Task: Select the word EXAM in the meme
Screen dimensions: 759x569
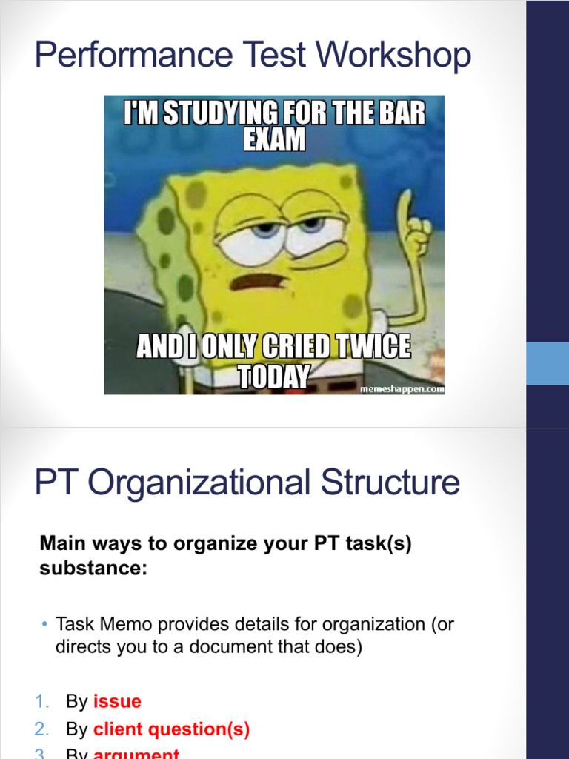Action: click(x=275, y=140)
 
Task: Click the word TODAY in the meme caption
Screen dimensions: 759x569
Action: click(x=273, y=377)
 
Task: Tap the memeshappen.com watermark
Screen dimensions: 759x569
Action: click(x=402, y=388)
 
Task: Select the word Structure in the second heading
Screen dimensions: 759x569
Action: click(x=390, y=483)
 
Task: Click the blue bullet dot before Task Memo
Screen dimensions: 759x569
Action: click(x=44, y=625)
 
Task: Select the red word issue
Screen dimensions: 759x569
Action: click(x=117, y=701)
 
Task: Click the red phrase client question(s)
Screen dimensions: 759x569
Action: click(x=171, y=729)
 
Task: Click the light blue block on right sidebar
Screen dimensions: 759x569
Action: click(x=548, y=363)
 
